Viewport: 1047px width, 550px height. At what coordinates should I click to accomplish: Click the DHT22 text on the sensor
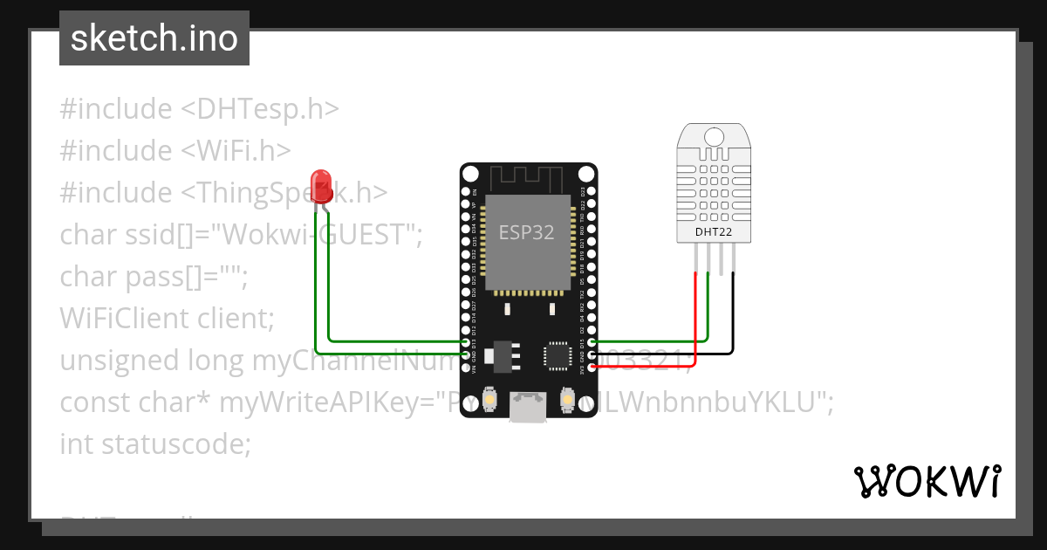pyautogui.click(x=713, y=232)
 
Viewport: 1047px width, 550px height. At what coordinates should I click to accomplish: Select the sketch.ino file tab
pyautogui.click(x=154, y=38)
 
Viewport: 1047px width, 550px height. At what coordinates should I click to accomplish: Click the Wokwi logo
pyautogui.click(x=927, y=481)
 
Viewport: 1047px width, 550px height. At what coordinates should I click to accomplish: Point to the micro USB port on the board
pyautogui.click(x=529, y=408)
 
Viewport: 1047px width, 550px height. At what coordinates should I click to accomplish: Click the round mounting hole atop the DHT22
pyautogui.click(x=714, y=136)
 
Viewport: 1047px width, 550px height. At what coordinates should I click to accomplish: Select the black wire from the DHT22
pyautogui.click(x=733, y=314)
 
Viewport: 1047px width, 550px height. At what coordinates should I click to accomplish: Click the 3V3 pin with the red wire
pyautogui.click(x=593, y=368)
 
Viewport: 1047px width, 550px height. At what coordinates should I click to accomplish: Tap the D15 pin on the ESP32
pyautogui.click(x=593, y=343)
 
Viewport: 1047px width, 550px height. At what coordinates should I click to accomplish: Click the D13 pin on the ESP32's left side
pyautogui.click(x=465, y=343)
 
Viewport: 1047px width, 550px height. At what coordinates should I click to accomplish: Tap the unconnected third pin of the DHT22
pyautogui.click(x=721, y=258)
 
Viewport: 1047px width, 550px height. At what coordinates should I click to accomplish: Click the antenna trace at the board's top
pyautogui.click(x=529, y=179)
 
